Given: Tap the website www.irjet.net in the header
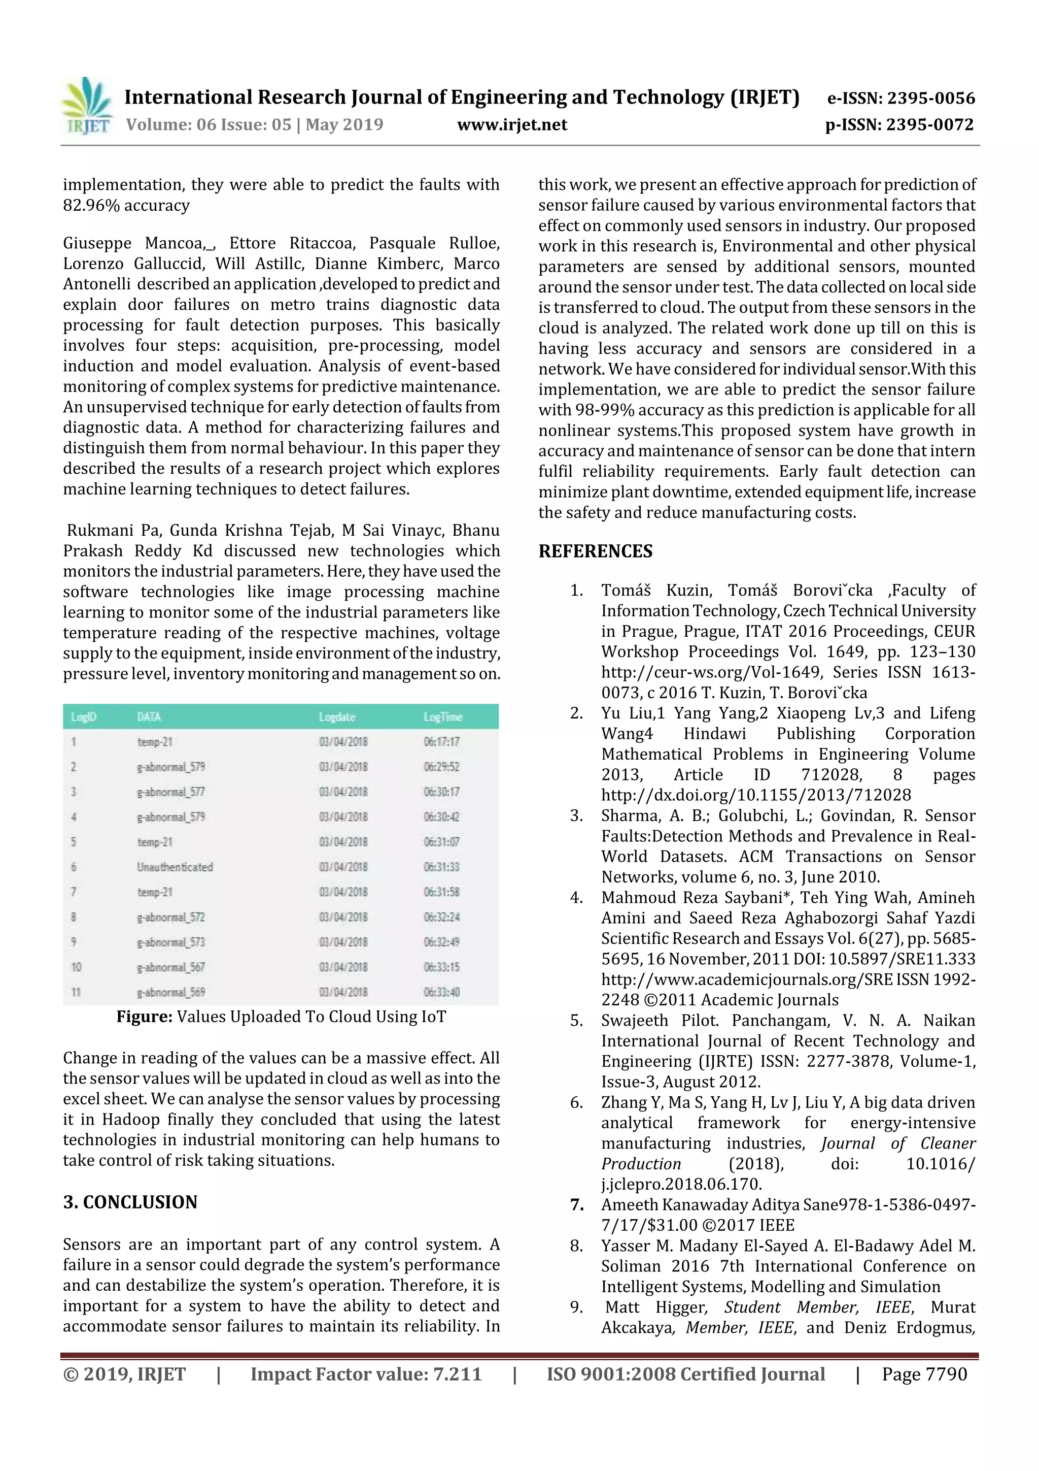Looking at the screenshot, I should (511, 124).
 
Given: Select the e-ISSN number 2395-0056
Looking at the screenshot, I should (930, 98).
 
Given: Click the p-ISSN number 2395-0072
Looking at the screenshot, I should (929, 124).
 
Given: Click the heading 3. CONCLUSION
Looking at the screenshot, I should (130, 1202).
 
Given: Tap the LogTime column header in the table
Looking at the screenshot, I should (442, 717).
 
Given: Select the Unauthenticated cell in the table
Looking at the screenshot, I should (174, 867).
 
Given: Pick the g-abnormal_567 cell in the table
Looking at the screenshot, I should (170, 967).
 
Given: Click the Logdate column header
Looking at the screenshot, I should (337, 717).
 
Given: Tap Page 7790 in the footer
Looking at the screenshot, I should (924, 1374).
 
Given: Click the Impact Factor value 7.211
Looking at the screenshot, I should (457, 1374).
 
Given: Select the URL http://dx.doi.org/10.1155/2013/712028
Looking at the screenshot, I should (755, 795).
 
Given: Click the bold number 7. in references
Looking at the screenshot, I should (577, 1205).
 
